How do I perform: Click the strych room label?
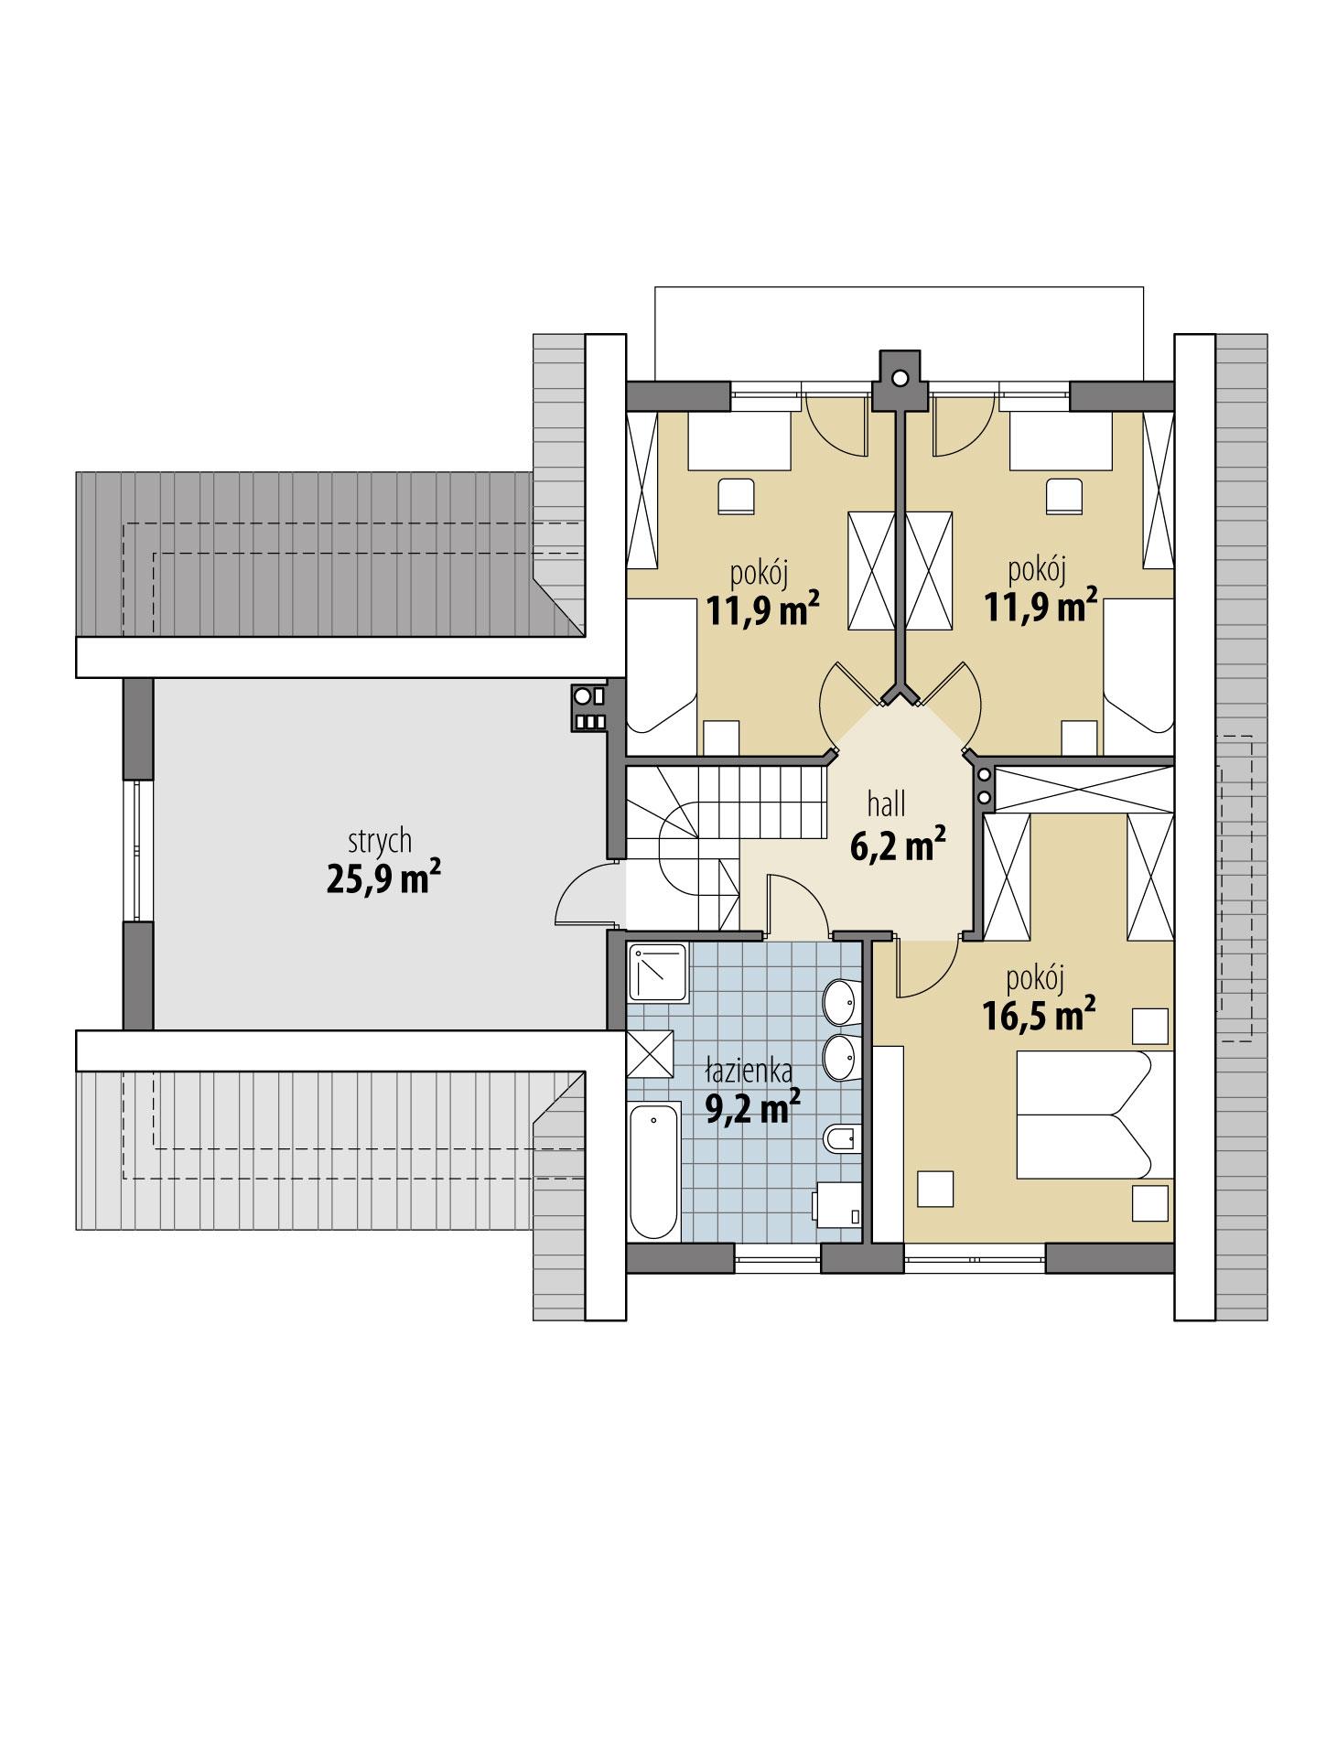379,841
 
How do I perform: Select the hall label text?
887,804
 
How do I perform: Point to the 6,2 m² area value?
897,846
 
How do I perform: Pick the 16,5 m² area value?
1040,1017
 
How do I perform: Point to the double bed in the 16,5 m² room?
1094,1115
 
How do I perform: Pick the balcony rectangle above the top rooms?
899,329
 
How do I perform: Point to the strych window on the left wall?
138,850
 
